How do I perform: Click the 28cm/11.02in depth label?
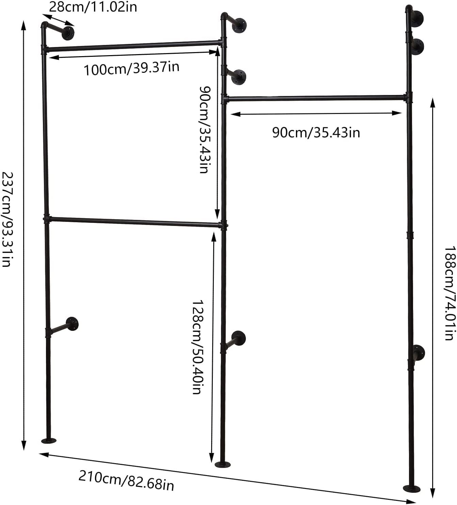tap(93, 7)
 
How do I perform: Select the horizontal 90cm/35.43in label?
tap(316, 132)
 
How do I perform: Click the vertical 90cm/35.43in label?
tap(205, 129)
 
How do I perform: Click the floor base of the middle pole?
tap(223, 464)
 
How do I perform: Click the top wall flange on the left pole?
tap(68, 33)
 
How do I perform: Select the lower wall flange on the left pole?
tap(72, 324)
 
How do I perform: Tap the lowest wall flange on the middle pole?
tap(239, 338)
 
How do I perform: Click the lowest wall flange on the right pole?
tap(418, 353)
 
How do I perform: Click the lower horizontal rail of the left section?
tap(135, 222)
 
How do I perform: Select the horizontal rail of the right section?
tap(316, 98)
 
